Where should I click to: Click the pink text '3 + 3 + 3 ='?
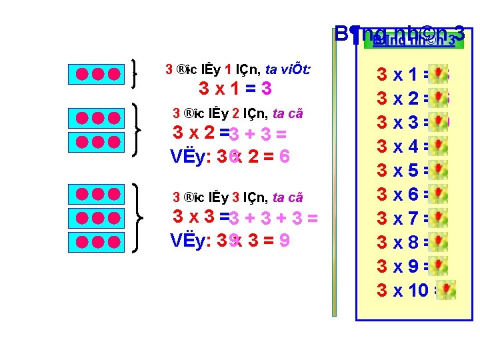pos(273,219)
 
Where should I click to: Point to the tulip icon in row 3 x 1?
pos(438,75)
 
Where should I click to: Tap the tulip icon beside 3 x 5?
pos(438,171)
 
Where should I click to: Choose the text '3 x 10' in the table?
pos(402,291)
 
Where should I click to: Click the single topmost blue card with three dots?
pos(97,73)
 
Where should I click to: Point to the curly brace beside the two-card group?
pos(138,130)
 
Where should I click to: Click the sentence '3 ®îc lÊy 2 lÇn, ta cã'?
pos(238,114)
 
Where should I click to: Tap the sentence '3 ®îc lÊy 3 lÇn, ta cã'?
pos(238,197)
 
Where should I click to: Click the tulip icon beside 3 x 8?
pos(438,243)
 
